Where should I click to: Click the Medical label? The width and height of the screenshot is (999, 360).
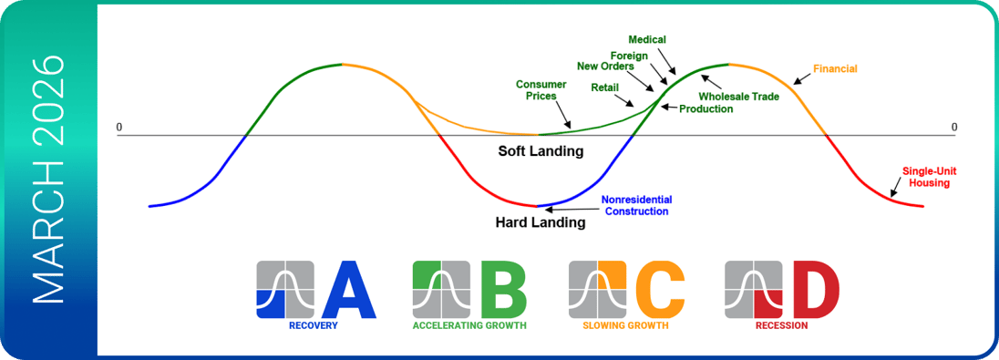point(646,40)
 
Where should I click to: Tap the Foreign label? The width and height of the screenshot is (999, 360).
point(630,56)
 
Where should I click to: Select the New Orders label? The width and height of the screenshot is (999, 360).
point(604,67)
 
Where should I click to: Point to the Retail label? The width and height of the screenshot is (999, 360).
point(604,87)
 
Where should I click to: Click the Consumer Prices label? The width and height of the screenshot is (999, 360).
point(537,90)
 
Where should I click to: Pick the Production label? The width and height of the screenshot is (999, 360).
point(705,109)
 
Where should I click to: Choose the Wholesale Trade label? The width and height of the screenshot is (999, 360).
point(739,98)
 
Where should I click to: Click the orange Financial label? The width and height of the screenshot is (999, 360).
point(835,68)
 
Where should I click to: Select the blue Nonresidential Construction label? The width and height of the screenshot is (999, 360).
point(635,205)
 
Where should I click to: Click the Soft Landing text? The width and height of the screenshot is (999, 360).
point(541,152)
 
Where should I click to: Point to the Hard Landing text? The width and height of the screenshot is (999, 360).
point(541,223)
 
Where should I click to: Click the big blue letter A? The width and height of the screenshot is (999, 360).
point(349,290)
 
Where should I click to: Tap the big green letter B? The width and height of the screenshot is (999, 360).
point(503,290)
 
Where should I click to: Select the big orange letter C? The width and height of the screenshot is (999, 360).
point(660,290)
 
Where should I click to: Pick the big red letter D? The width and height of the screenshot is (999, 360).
point(818,290)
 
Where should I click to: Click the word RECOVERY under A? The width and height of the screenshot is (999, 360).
point(313,326)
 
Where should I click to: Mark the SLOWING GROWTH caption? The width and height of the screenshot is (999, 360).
point(625,326)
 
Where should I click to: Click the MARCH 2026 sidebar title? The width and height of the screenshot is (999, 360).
point(48,180)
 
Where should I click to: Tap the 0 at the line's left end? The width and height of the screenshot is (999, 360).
point(119,128)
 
